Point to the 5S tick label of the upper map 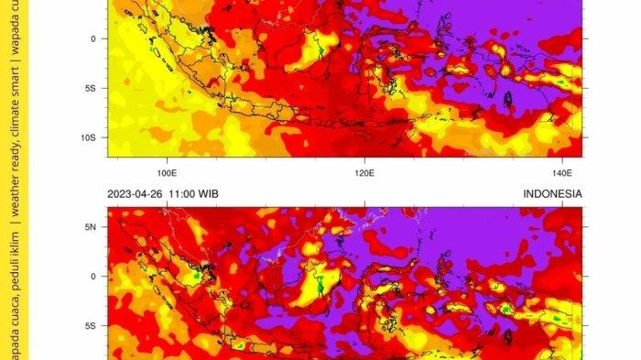[x=91, y=89]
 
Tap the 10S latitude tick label [x=89, y=138]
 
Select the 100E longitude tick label [x=167, y=171]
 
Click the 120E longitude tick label [x=364, y=171]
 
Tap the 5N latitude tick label [x=91, y=225]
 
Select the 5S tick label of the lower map [x=91, y=325]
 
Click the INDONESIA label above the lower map [x=552, y=194]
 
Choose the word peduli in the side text [x=14, y=272]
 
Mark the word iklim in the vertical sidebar [x=14, y=240]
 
